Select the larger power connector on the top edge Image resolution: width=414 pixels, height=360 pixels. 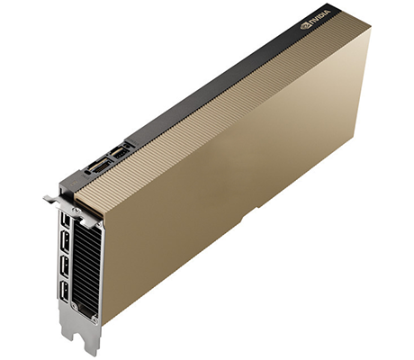pos(95,166)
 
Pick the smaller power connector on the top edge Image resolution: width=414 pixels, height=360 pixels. pos(116,155)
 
